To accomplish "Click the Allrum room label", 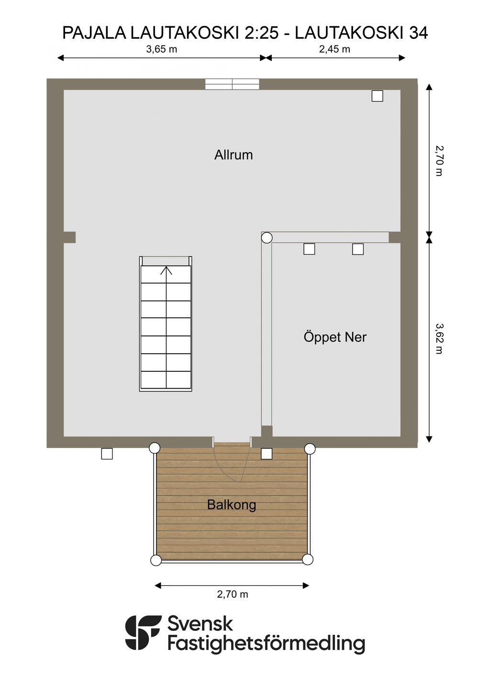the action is (x=234, y=155).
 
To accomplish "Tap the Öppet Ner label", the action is (x=335, y=337).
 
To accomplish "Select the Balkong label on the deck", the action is (x=232, y=505).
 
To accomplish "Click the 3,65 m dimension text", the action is (x=161, y=49).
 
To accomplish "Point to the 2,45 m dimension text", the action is (x=334, y=49).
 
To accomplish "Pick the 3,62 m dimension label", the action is (x=439, y=339).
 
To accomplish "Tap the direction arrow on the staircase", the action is (x=166, y=270).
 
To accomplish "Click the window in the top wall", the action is (x=232, y=84).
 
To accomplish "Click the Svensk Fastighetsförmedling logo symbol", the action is (x=143, y=633).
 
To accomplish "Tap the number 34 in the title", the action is (x=419, y=33).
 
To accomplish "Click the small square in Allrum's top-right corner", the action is (x=378, y=96).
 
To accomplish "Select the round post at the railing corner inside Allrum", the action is (x=267, y=238).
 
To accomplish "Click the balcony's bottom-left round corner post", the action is (x=156, y=560).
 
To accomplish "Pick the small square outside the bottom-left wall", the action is (x=107, y=454).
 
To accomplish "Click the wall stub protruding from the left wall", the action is (x=69, y=237).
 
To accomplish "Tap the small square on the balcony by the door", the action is (x=267, y=454).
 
